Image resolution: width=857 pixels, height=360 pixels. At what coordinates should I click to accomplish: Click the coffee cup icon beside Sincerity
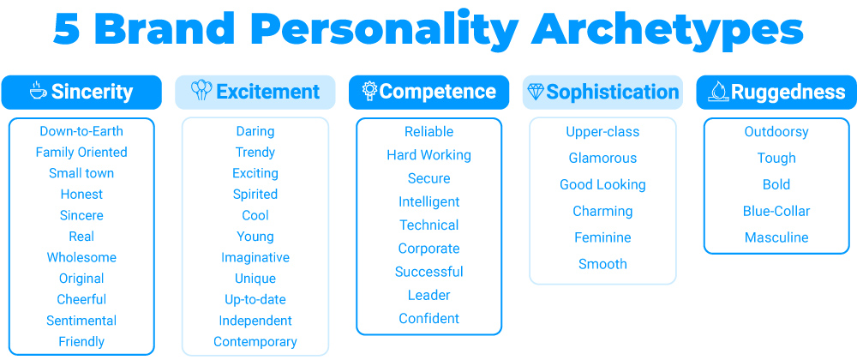pos(39,91)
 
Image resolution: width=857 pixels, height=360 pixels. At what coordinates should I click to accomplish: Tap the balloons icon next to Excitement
pos(201,90)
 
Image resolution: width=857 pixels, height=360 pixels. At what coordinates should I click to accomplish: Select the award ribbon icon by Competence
pos(370,91)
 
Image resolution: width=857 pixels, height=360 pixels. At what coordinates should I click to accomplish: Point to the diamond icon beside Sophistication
pos(535,91)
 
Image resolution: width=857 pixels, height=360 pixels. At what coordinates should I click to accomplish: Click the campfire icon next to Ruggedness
pos(718,91)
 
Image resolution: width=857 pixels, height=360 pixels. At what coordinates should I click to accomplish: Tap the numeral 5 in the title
pos(67,28)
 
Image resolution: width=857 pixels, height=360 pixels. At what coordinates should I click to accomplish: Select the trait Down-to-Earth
pos(81,131)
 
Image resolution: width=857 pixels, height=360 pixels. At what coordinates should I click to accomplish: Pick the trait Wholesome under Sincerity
pos(81,257)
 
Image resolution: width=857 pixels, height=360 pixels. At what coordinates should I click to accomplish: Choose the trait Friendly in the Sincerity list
pos(81,342)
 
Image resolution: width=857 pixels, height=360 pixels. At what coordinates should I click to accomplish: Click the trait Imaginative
pos(255,258)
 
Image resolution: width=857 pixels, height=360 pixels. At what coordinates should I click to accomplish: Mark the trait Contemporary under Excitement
pos(255,342)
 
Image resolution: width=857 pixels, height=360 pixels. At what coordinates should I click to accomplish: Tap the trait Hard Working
pos(429,155)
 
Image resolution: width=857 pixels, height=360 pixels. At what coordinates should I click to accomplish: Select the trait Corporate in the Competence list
pos(429,249)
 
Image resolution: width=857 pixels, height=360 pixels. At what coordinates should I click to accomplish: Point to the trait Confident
pos(429,319)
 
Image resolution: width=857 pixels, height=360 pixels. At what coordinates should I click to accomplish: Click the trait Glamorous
pos(602,159)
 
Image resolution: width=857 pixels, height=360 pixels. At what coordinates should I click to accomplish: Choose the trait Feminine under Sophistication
pos(602,237)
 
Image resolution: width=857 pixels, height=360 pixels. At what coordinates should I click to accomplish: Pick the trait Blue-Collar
pos(776,212)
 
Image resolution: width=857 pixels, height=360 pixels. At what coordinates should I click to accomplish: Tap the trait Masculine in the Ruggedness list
pos(776,237)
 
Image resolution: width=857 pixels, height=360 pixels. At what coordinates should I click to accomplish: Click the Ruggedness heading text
pos(788,92)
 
